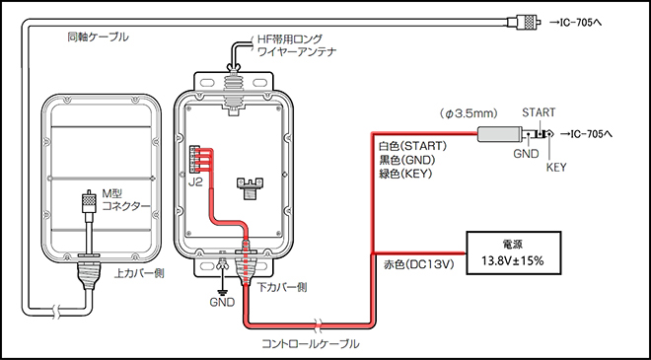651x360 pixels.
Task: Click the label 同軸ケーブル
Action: click(x=98, y=36)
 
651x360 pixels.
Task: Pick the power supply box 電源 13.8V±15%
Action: click(x=513, y=252)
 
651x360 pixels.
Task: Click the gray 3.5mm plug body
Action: click(x=501, y=136)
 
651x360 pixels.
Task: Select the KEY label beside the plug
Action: click(x=557, y=169)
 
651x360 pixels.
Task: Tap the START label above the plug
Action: click(x=540, y=112)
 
